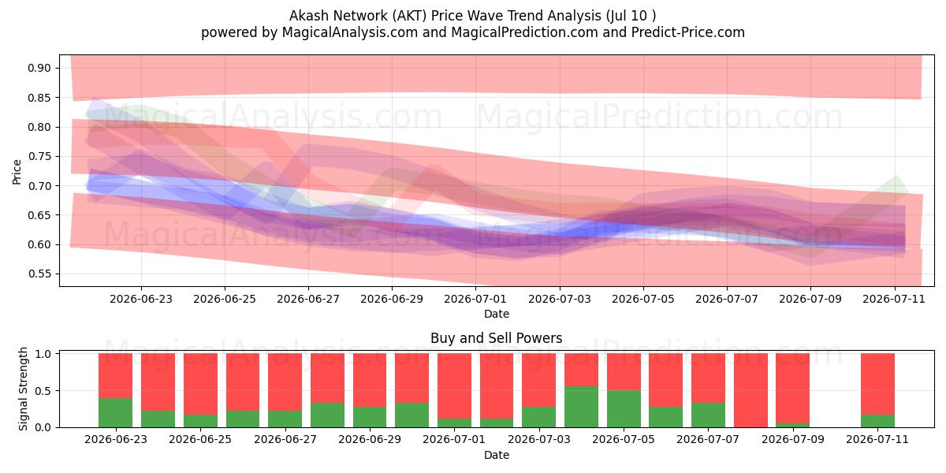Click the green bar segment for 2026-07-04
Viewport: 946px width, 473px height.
(x=581, y=407)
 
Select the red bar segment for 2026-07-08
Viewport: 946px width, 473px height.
(x=750, y=390)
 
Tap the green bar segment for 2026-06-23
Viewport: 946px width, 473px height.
(x=115, y=412)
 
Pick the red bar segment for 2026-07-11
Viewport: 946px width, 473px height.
(x=877, y=385)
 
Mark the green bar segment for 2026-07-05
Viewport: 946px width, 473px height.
(x=624, y=409)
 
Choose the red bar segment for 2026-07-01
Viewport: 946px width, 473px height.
(x=454, y=386)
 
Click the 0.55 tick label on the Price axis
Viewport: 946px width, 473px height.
(x=39, y=274)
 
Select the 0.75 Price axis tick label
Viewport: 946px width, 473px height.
(x=39, y=156)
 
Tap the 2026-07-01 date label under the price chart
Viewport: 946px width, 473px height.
(x=475, y=299)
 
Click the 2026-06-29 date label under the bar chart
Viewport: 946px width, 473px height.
(x=370, y=440)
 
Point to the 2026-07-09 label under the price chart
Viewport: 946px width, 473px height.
(x=810, y=299)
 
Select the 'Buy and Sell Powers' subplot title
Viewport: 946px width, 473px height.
(x=496, y=338)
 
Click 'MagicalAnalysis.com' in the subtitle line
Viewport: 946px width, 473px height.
(x=350, y=32)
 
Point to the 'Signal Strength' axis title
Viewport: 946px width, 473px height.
(x=23, y=389)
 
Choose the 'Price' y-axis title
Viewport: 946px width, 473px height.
(x=17, y=172)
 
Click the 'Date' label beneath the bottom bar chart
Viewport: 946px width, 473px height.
(x=496, y=455)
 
